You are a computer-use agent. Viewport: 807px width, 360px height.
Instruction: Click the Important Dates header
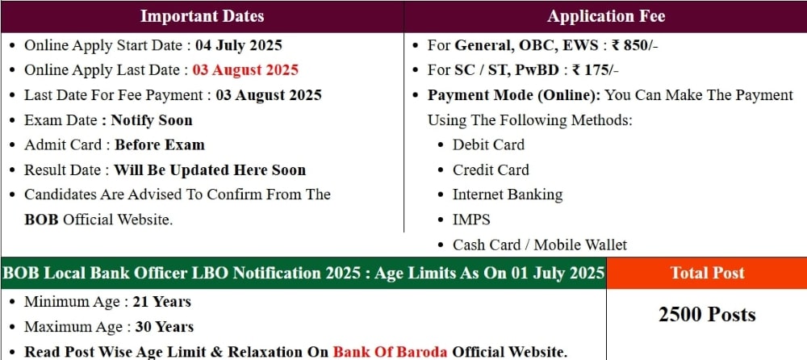[203, 16]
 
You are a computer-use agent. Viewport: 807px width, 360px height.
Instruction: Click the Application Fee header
[606, 16]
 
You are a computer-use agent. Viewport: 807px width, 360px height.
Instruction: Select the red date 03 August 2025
[245, 70]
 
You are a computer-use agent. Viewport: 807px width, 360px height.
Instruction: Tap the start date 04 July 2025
[239, 45]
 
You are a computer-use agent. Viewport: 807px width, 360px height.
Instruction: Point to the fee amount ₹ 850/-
[634, 45]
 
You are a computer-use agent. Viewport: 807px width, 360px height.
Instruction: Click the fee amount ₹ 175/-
[595, 70]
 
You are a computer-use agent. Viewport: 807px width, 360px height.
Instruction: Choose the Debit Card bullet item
[488, 144]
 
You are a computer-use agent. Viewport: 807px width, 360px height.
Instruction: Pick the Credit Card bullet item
[491, 170]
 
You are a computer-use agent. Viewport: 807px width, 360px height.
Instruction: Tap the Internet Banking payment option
[508, 195]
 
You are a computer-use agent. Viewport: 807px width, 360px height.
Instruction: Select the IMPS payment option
[471, 220]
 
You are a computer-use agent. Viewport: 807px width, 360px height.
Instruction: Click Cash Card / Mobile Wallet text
[540, 245]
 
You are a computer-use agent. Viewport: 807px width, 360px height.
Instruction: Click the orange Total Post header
[707, 273]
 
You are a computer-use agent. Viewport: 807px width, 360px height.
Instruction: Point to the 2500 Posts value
[707, 314]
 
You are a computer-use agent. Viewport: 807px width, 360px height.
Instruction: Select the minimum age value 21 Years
[161, 302]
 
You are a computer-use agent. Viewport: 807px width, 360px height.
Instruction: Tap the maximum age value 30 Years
[164, 327]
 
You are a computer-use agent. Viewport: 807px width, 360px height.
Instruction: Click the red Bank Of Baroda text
[392, 352]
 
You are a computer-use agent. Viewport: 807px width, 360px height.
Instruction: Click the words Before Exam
[160, 144]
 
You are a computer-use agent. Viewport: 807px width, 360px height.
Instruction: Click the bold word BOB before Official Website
[42, 220]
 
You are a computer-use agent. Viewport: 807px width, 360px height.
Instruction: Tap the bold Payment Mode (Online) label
[514, 95]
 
